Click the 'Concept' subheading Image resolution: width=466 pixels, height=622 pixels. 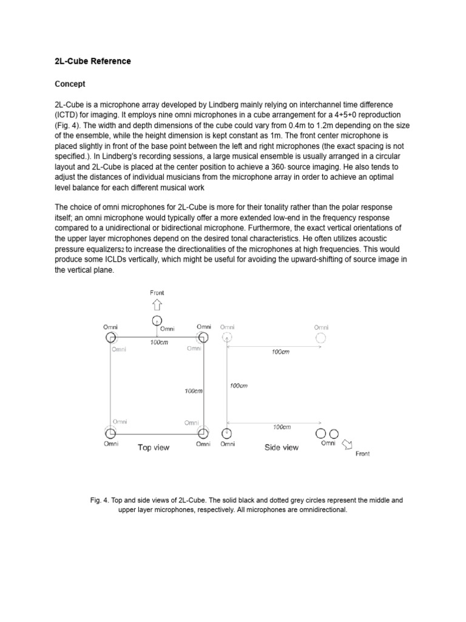[70, 83]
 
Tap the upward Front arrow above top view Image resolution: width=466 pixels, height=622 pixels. [157, 305]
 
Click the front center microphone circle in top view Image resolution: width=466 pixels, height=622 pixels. [157, 320]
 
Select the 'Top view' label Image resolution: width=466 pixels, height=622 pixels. [154, 448]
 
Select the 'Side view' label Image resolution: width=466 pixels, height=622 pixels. [282, 448]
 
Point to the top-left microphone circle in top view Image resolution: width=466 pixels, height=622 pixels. [110, 337]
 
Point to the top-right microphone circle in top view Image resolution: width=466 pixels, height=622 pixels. [203, 337]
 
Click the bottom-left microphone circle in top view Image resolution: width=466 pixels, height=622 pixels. [110, 434]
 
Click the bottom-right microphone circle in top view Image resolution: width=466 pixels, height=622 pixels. [203, 434]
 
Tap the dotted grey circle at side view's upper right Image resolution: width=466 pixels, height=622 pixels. [320, 337]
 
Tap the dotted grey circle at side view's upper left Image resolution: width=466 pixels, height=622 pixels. [227, 337]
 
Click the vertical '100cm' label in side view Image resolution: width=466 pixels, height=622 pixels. [239, 385]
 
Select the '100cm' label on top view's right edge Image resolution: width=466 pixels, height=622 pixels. [194, 391]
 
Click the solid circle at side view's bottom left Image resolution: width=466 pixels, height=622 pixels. [227, 433]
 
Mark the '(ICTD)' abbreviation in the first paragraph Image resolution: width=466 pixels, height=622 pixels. [68, 115]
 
